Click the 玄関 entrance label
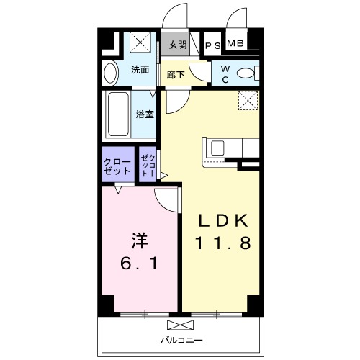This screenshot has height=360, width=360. point(177,45)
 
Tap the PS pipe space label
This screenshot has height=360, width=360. point(213,46)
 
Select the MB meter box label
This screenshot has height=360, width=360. point(235,43)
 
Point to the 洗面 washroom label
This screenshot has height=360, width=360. point(140,70)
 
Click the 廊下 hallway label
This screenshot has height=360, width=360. point(176,75)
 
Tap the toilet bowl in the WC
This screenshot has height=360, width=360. point(246,73)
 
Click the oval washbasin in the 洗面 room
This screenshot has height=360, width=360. point(111,73)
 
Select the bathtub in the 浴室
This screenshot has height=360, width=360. point(118,114)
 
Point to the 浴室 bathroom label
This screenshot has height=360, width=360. point(145,114)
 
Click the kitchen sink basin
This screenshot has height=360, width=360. point(217,148)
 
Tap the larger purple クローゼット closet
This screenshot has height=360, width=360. point(118,164)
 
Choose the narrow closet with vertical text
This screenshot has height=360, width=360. point(148,164)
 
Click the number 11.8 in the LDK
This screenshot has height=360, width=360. point(223,243)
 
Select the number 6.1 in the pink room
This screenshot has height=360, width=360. point(139,263)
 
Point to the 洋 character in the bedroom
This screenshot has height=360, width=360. point(140,240)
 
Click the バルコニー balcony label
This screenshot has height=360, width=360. point(181,340)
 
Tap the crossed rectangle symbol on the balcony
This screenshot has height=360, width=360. point(180,325)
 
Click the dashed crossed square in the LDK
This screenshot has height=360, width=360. point(248,101)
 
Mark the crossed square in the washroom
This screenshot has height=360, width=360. point(140,42)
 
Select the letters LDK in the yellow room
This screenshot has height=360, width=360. point(223,221)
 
